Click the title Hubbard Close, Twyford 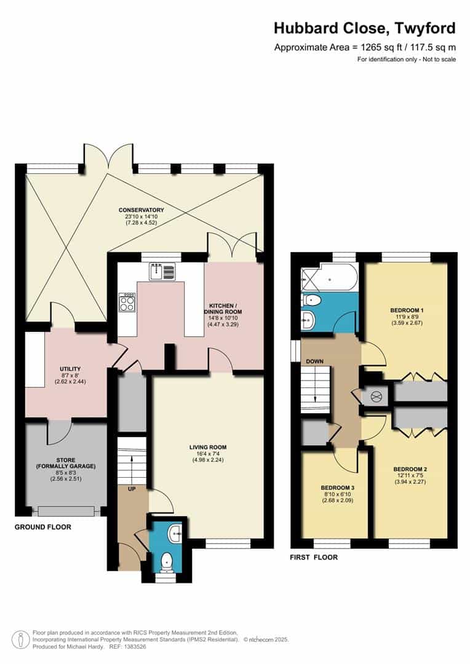(365, 28)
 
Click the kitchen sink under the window (162, 271)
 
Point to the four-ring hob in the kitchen (127, 302)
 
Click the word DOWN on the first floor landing (315, 361)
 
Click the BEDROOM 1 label (406, 310)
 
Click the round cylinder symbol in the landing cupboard (376, 397)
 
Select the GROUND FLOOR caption (43, 527)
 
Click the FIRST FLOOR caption (314, 558)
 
